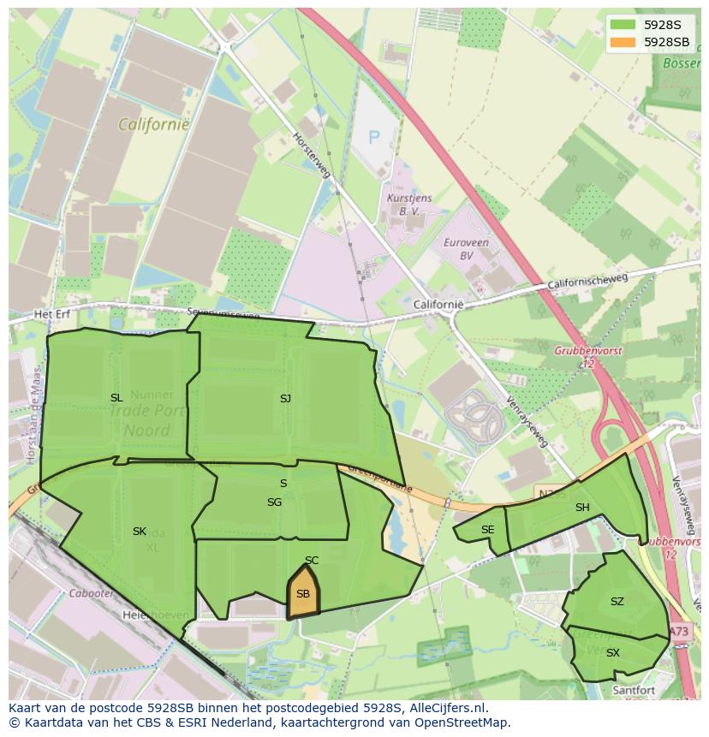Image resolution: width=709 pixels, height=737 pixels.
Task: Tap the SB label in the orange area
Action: [303, 594]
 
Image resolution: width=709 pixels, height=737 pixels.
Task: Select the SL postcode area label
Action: [116, 398]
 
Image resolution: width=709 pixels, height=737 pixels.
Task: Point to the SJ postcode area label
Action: [285, 398]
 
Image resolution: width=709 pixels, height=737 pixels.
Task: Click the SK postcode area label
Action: [140, 532]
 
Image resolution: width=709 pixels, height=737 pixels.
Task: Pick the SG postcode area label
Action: [274, 502]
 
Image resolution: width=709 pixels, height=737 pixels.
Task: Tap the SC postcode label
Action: [312, 561]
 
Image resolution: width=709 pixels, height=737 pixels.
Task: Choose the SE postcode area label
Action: [487, 530]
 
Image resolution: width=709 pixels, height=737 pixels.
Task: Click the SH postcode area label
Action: [582, 508]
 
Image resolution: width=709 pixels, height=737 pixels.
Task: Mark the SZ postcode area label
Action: [617, 602]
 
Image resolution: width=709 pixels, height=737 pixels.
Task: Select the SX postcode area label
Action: [613, 653]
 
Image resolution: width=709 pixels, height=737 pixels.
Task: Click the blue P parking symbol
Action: [373, 136]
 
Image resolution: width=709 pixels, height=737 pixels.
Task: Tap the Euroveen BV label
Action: [466, 249]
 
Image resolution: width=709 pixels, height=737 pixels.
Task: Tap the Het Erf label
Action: [51, 315]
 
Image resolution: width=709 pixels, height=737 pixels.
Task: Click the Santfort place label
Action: [633, 690]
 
